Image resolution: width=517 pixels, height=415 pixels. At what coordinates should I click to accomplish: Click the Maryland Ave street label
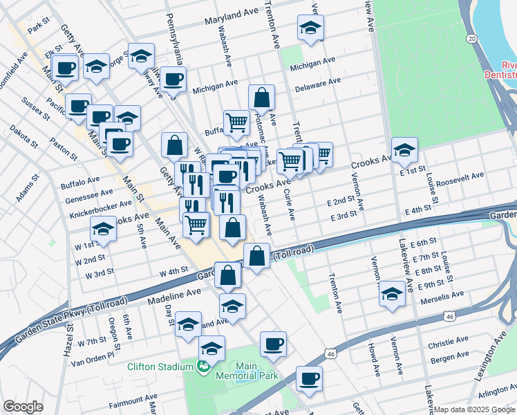point(231,15)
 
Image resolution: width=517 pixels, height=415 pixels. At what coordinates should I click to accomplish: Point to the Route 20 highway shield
point(471,38)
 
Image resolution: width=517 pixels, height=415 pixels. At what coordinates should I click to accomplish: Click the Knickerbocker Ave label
point(101,205)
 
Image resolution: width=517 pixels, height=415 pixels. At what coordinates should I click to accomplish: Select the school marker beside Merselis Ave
point(392,293)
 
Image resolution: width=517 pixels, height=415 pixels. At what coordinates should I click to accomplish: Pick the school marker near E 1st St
point(404,148)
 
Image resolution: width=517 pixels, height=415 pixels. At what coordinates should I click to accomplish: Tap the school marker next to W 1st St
point(104,228)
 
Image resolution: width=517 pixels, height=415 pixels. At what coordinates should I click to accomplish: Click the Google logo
point(23,407)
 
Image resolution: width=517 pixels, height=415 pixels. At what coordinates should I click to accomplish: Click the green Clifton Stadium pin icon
point(203,366)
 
